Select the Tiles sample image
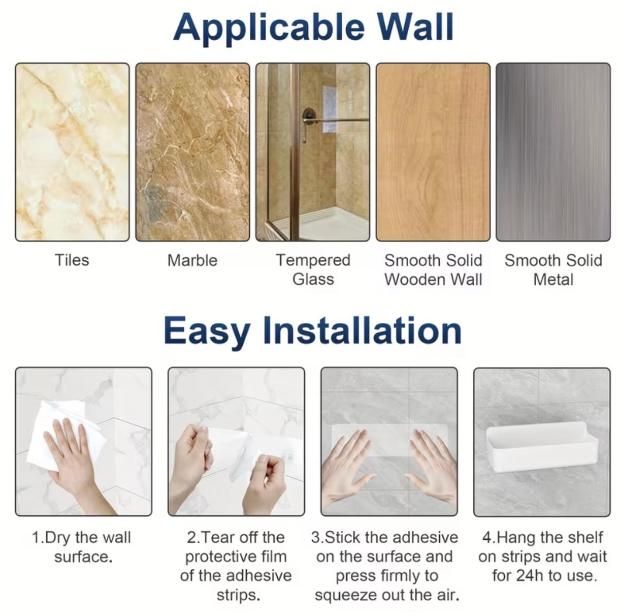[72, 152]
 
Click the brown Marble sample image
[192, 152]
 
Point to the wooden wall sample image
[433, 152]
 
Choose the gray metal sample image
[553, 152]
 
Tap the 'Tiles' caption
[72, 260]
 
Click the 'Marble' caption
[192, 260]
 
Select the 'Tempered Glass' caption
[313, 269]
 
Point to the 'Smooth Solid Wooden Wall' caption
[433, 269]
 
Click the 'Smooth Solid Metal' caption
[553, 269]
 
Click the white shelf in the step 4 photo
[542, 446]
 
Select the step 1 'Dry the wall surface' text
[82, 547]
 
